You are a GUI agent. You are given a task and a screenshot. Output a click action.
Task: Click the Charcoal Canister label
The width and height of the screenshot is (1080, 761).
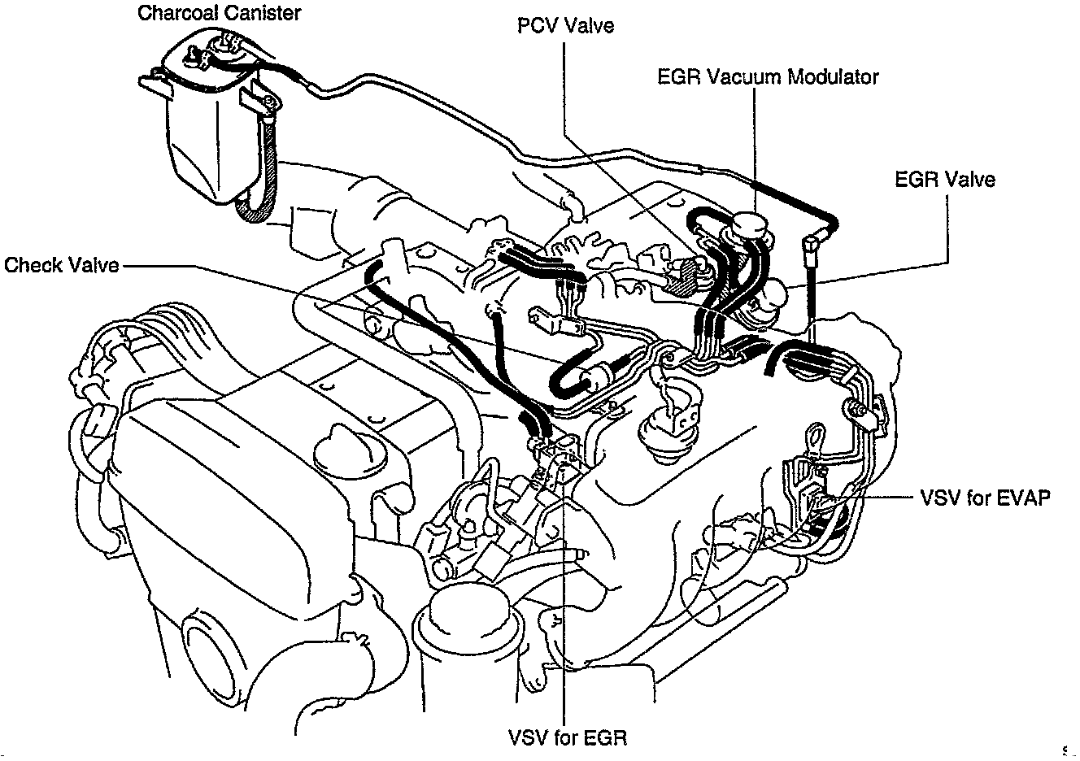[219, 13]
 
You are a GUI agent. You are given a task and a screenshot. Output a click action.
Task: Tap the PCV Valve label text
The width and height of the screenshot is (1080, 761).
[565, 25]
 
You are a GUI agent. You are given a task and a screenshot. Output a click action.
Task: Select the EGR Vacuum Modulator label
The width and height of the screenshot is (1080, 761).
[767, 76]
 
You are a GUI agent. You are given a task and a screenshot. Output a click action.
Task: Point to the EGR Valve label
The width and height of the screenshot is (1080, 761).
[944, 179]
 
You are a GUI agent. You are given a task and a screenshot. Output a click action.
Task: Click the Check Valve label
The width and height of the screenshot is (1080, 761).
[62, 265]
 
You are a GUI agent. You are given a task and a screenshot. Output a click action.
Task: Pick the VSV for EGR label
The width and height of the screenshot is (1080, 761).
[568, 737]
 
